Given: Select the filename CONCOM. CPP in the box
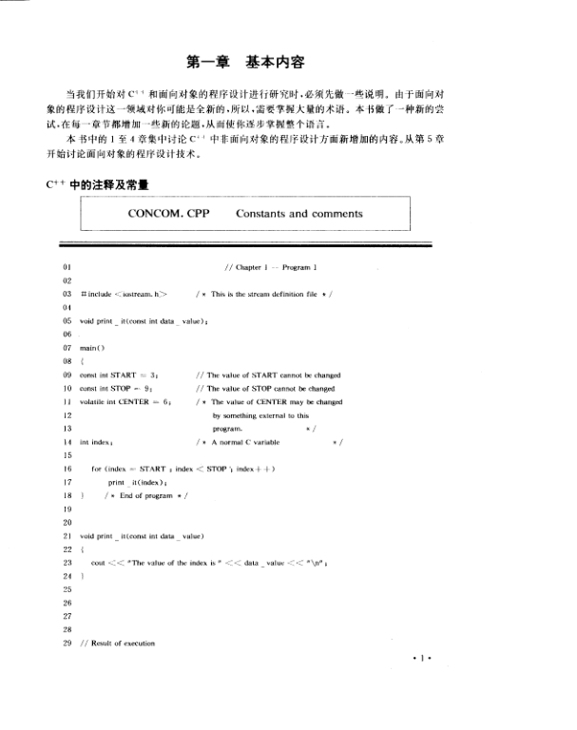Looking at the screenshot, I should (168, 214).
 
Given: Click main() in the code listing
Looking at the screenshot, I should (93, 348).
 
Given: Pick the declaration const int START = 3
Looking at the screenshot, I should (118, 375).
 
